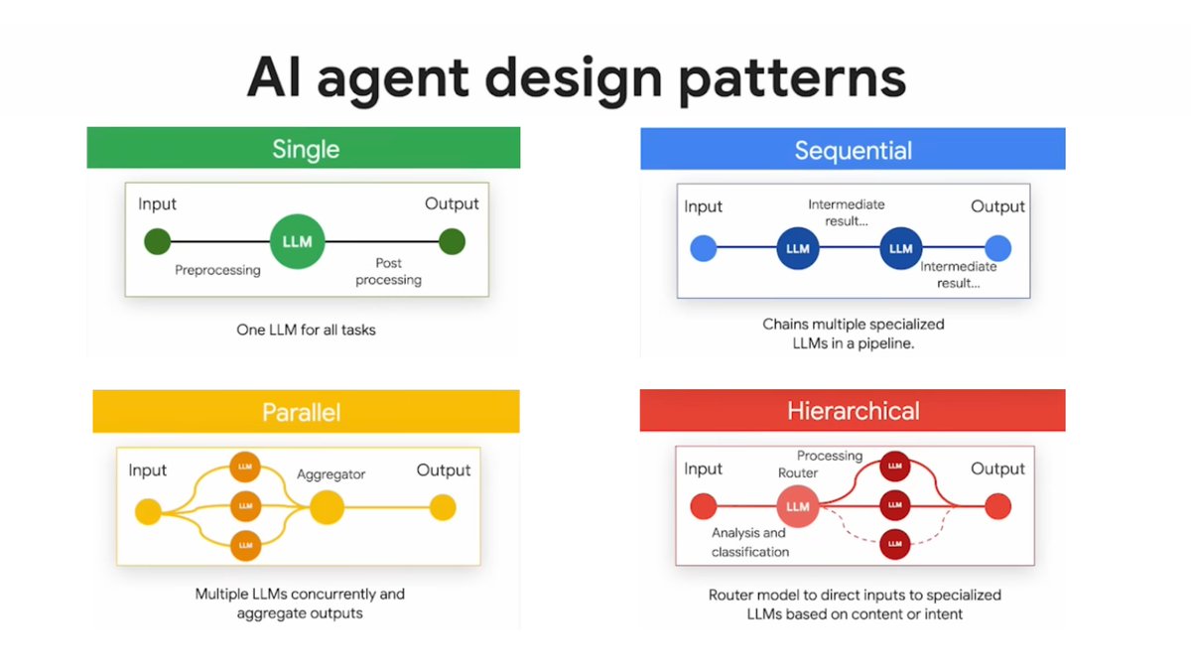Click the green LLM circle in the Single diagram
pyautogui.click(x=298, y=241)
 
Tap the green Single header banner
pyautogui.click(x=304, y=149)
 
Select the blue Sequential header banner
pyautogui.click(x=853, y=150)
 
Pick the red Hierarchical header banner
pyautogui.click(x=853, y=411)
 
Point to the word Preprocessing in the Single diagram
pyautogui.click(x=217, y=270)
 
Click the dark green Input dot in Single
pyautogui.click(x=157, y=241)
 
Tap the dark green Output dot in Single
pyautogui.click(x=452, y=241)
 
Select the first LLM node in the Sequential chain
pyautogui.click(x=798, y=248)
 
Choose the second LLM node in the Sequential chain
pyautogui.click(x=900, y=248)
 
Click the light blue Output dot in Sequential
pyautogui.click(x=997, y=248)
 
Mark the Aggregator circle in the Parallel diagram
pyautogui.click(x=327, y=508)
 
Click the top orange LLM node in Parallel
pyautogui.click(x=245, y=466)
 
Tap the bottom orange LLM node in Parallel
pyautogui.click(x=245, y=545)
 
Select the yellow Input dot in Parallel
pyautogui.click(x=148, y=511)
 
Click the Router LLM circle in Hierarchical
pyautogui.click(x=798, y=506)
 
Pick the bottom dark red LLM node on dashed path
pyautogui.click(x=895, y=544)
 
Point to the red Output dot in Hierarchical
pyautogui.click(x=997, y=506)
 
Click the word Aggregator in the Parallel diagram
pyautogui.click(x=331, y=474)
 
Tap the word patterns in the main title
pyautogui.click(x=792, y=78)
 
